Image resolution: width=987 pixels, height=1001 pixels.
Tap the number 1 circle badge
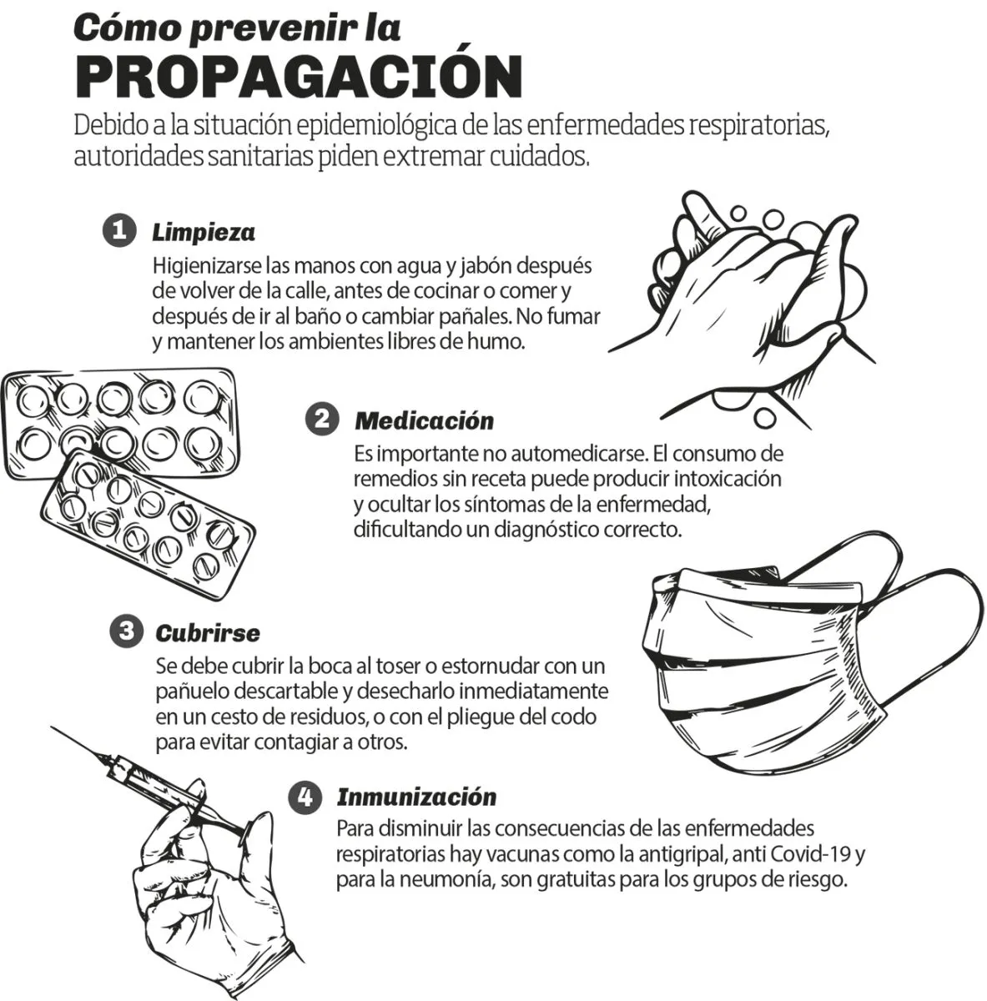pos(119,230)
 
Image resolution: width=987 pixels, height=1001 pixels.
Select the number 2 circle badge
pos(322,419)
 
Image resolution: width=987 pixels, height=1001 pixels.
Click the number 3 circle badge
pos(126,631)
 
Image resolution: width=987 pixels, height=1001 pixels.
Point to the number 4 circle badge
pos(305,797)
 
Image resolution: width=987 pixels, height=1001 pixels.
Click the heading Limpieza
pos(204,233)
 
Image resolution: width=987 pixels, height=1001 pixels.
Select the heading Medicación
pos(424,420)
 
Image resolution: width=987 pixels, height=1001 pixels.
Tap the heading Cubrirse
pos(208,633)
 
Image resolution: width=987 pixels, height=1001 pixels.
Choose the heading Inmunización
pos(417,798)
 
